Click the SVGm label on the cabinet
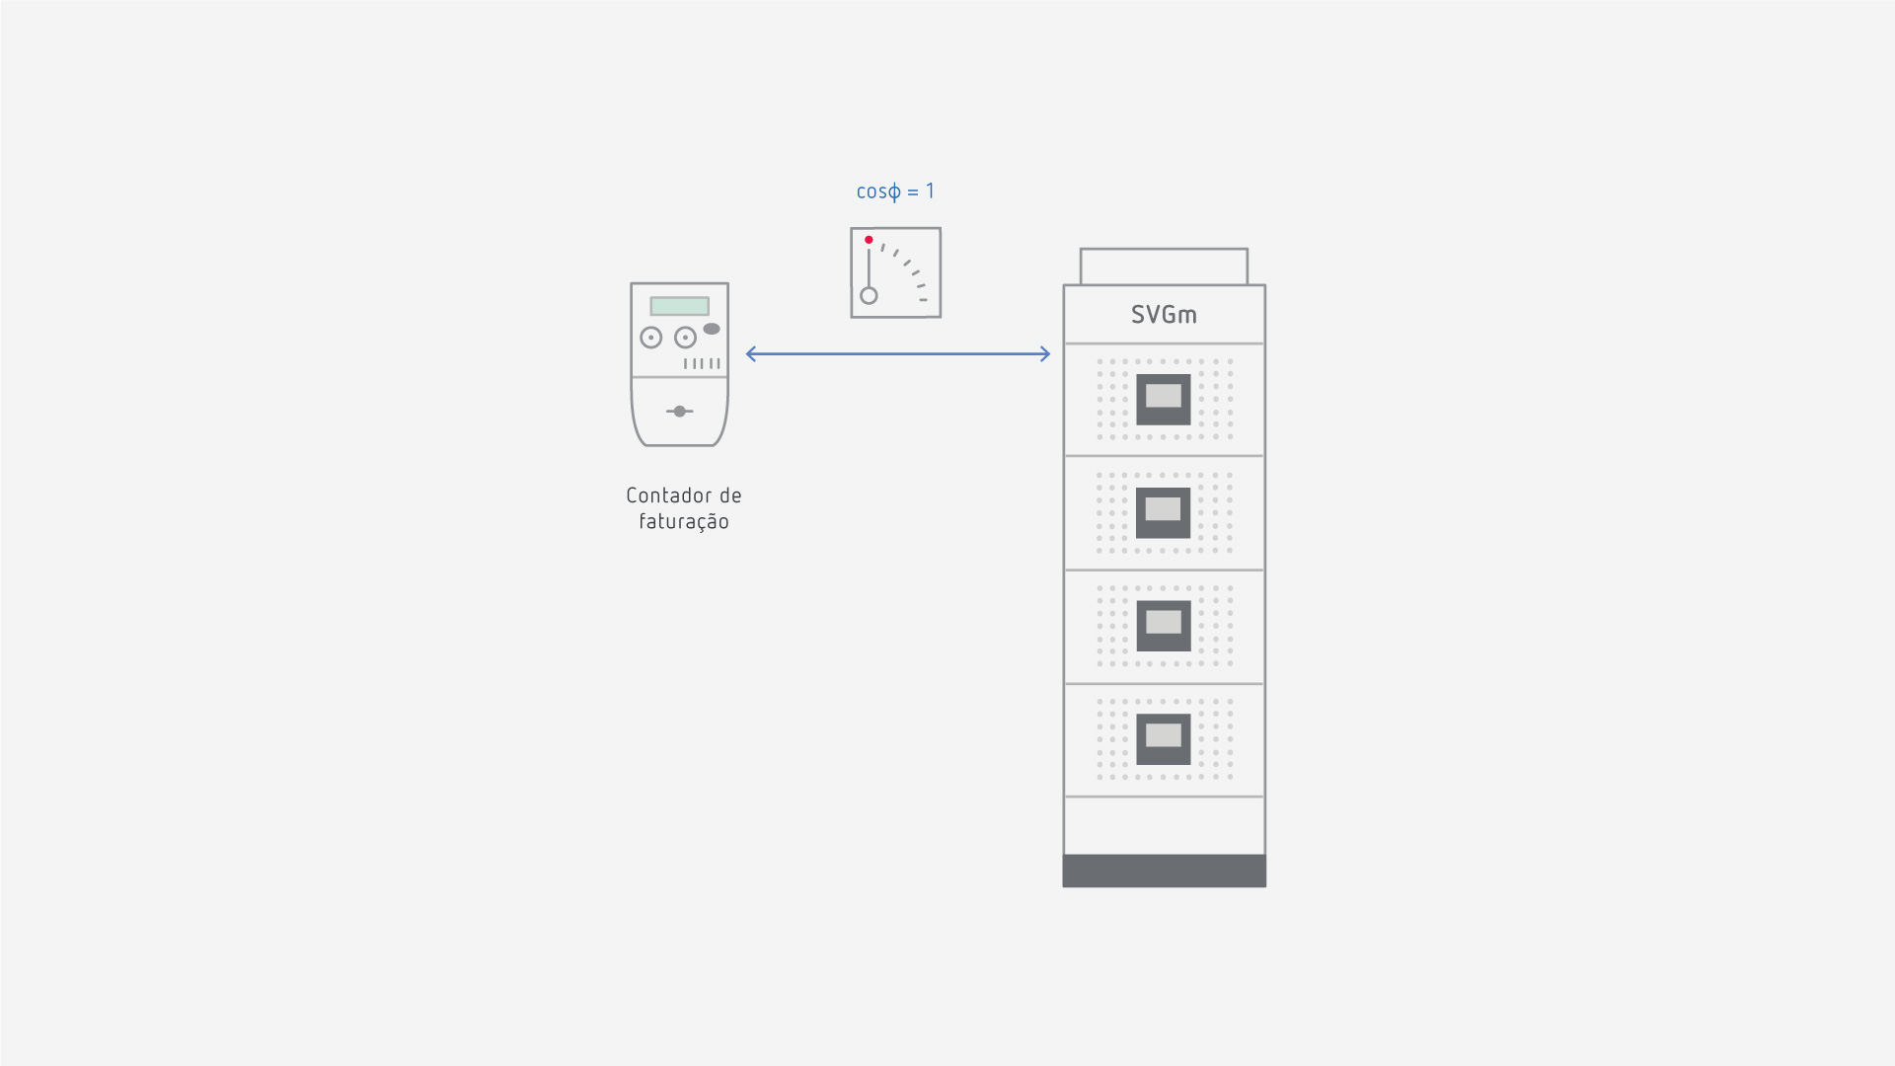(x=1164, y=315)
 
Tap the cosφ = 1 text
(x=895, y=191)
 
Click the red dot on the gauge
(x=869, y=240)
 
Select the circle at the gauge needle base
(x=869, y=295)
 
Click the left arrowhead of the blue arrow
(x=750, y=354)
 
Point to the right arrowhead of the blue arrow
(x=1046, y=354)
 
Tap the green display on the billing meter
(x=679, y=306)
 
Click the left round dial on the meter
(x=650, y=338)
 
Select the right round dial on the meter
(x=685, y=338)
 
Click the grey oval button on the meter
(x=712, y=329)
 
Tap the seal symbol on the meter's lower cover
(x=679, y=411)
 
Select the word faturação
(x=684, y=522)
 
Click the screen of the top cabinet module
(x=1164, y=397)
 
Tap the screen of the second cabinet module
(x=1164, y=509)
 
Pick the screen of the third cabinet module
(x=1164, y=623)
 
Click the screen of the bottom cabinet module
(x=1164, y=736)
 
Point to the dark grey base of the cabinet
(x=1164, y=871)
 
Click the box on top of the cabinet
(x=1164, y=266)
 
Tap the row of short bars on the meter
(x=702, y=364)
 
